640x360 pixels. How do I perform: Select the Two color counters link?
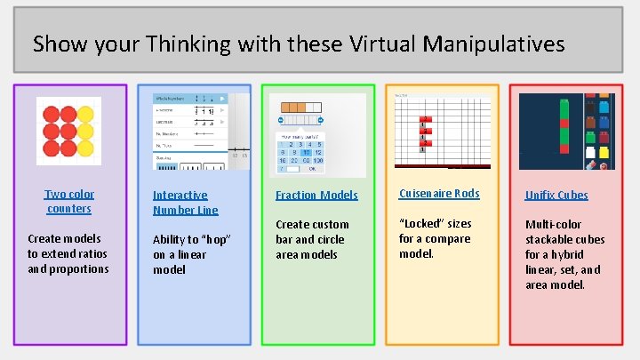click(x=69, y=201)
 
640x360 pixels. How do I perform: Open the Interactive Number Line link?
click(x=185, y=202)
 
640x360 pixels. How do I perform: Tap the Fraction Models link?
click(x=316, y=195)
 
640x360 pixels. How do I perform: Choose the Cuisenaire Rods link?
click(x=439, y=194)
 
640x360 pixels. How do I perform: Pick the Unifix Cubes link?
click(x=556, y=195)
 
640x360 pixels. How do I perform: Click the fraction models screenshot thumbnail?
click(x=317, y=131)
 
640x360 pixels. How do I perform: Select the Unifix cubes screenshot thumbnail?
click(x=566, y=131)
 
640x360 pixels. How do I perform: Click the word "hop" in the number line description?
click(x=216, y=239)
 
